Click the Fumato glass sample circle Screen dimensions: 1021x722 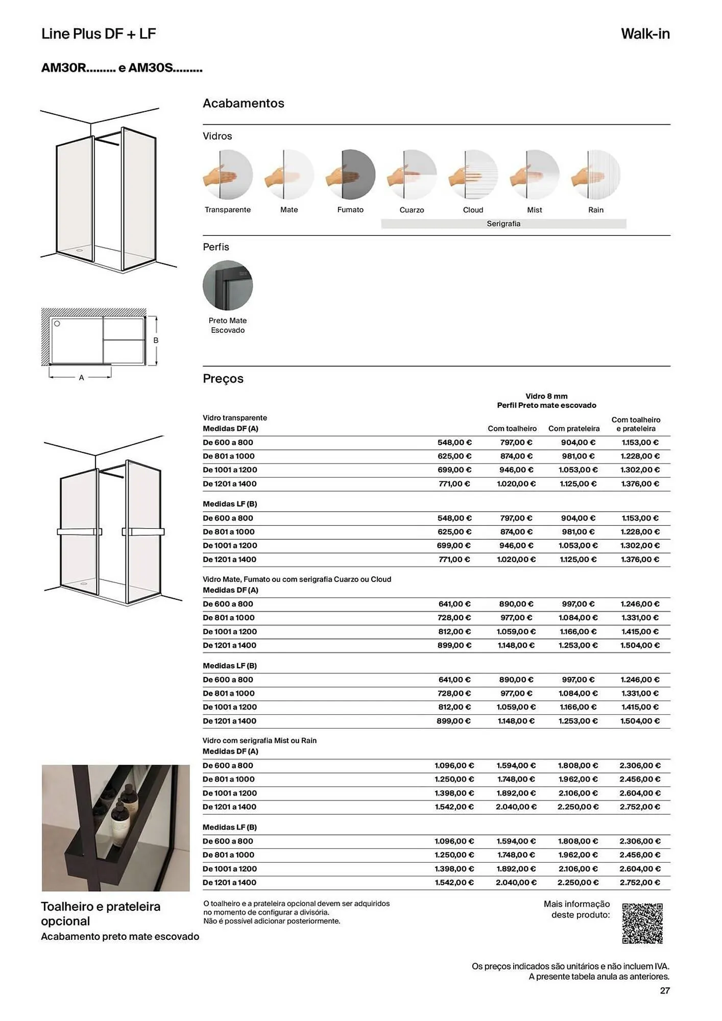pos(350,175)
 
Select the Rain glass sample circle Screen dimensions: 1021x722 pos(595,175)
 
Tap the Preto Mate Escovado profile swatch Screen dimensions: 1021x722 pos(228,285)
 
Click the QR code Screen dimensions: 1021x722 pos(642,923)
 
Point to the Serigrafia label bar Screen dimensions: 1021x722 pos(503,224)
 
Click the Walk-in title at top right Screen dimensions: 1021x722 pos(645,34)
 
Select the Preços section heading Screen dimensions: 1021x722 pos(223,379)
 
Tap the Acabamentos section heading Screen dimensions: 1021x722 pos(244,103)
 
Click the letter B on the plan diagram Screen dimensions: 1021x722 pos(156,341)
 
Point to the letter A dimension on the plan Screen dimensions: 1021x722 pos(81,378)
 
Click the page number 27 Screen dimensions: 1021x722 pos(664,990)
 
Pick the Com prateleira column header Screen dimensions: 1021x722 pos(574,429)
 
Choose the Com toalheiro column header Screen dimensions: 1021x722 pos(512,429)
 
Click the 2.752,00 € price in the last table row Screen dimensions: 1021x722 pos(640,882)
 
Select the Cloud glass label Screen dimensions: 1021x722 pos(473,210)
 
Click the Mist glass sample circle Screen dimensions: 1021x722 pos(534,175)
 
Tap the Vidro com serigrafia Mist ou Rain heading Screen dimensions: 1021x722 pos(259,740)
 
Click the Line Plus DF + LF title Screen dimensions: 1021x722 pos(99,34)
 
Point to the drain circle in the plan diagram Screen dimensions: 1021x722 pos(57,324)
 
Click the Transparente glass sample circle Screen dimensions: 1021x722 pos(228,175)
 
